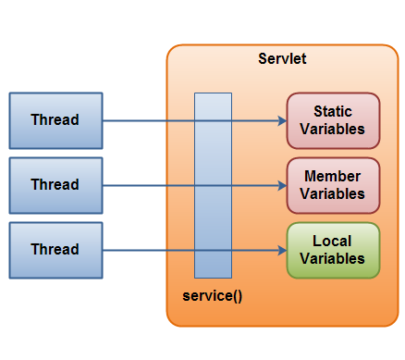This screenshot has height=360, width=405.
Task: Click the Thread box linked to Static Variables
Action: (x=55, y=120)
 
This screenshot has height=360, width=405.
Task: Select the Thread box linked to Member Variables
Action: (x=55, y=185)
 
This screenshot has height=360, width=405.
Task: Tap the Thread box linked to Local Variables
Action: (x=55, y=250)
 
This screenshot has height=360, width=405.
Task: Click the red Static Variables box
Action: (x=333, y=120)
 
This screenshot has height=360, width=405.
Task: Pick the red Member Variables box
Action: (x=333, y=185)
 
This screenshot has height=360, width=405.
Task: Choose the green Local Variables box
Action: (x=333, y=250)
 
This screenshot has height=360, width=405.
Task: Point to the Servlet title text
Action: (x=282, y=59)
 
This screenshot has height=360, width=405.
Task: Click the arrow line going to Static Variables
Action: (x=148, y=120)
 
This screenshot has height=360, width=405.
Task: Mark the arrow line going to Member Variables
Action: (x=148, y=185)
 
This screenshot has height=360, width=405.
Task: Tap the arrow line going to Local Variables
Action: (x=148, y=250)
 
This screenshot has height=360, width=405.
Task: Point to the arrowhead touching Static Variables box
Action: (x=281, y=120)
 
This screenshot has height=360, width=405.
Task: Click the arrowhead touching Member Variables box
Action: (x=281, y=185)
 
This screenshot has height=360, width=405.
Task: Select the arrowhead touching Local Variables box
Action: (x=281, y=250)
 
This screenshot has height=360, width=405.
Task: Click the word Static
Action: (x=333, y=112)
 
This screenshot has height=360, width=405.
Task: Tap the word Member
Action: (x=333, y=177)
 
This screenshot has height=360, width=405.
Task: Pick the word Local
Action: (x=333, y=242)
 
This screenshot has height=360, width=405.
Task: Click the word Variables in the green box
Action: (x=333, y=259)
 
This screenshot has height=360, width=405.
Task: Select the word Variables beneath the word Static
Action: (x=333, y=130)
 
